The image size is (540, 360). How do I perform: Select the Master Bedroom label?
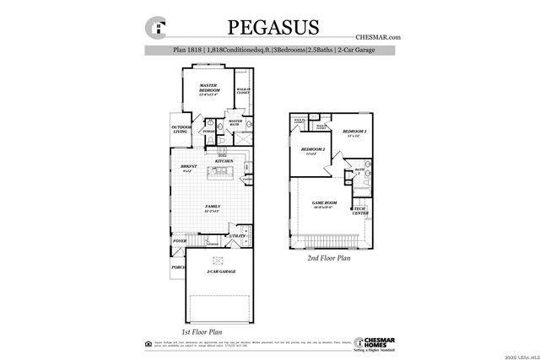[208, 89]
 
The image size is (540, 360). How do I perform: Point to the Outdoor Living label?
[180, 129]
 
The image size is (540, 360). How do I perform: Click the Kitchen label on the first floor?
[213, 161]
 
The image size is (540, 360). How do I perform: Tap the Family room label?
[213, 207]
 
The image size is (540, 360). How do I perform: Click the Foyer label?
[179, 241]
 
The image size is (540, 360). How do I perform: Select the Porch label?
[178, 267]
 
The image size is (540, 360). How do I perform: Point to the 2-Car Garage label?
[220, 271]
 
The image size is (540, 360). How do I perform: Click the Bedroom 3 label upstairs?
[354, 133]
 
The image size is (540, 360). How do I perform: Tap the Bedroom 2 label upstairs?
[313, 151]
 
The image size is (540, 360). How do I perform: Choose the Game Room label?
[325, 204]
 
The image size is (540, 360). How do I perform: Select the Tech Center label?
[359, 211]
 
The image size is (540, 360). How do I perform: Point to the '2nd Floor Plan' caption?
[328, 260]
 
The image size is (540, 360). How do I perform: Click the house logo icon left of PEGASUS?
[155, 27]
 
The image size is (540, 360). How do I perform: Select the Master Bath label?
[235, 122]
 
